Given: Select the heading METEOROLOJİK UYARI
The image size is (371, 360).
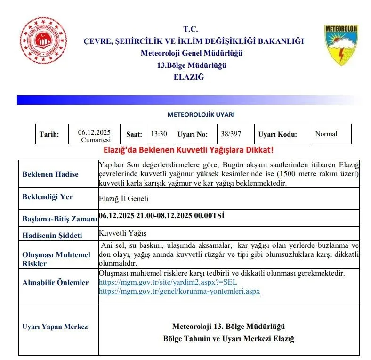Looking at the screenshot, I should pos(194,115).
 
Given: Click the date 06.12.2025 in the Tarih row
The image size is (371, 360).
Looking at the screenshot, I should pos(94,132).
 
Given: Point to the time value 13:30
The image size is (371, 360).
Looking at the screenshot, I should pos(159,134).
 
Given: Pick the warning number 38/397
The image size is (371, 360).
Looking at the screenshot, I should pos(231,134).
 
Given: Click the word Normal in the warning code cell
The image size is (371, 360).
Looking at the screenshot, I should pos(326,134).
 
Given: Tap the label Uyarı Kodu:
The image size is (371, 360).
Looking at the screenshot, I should pos(277,134).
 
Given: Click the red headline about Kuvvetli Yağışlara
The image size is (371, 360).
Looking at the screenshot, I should pos(188,150).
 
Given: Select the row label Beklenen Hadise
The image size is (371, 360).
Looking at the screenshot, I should pos(50,174).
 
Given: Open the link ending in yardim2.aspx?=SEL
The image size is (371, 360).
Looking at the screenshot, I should pos(168,282).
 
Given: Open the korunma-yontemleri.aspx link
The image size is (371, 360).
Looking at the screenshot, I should pos(179,291).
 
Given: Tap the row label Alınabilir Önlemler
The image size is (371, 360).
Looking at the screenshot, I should pos(56,283).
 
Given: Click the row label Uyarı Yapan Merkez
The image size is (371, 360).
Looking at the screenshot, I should pos(55,327).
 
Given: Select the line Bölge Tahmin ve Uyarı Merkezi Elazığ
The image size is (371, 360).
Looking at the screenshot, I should pos(228,339).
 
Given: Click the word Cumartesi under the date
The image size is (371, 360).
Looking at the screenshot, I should pos(96,140).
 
